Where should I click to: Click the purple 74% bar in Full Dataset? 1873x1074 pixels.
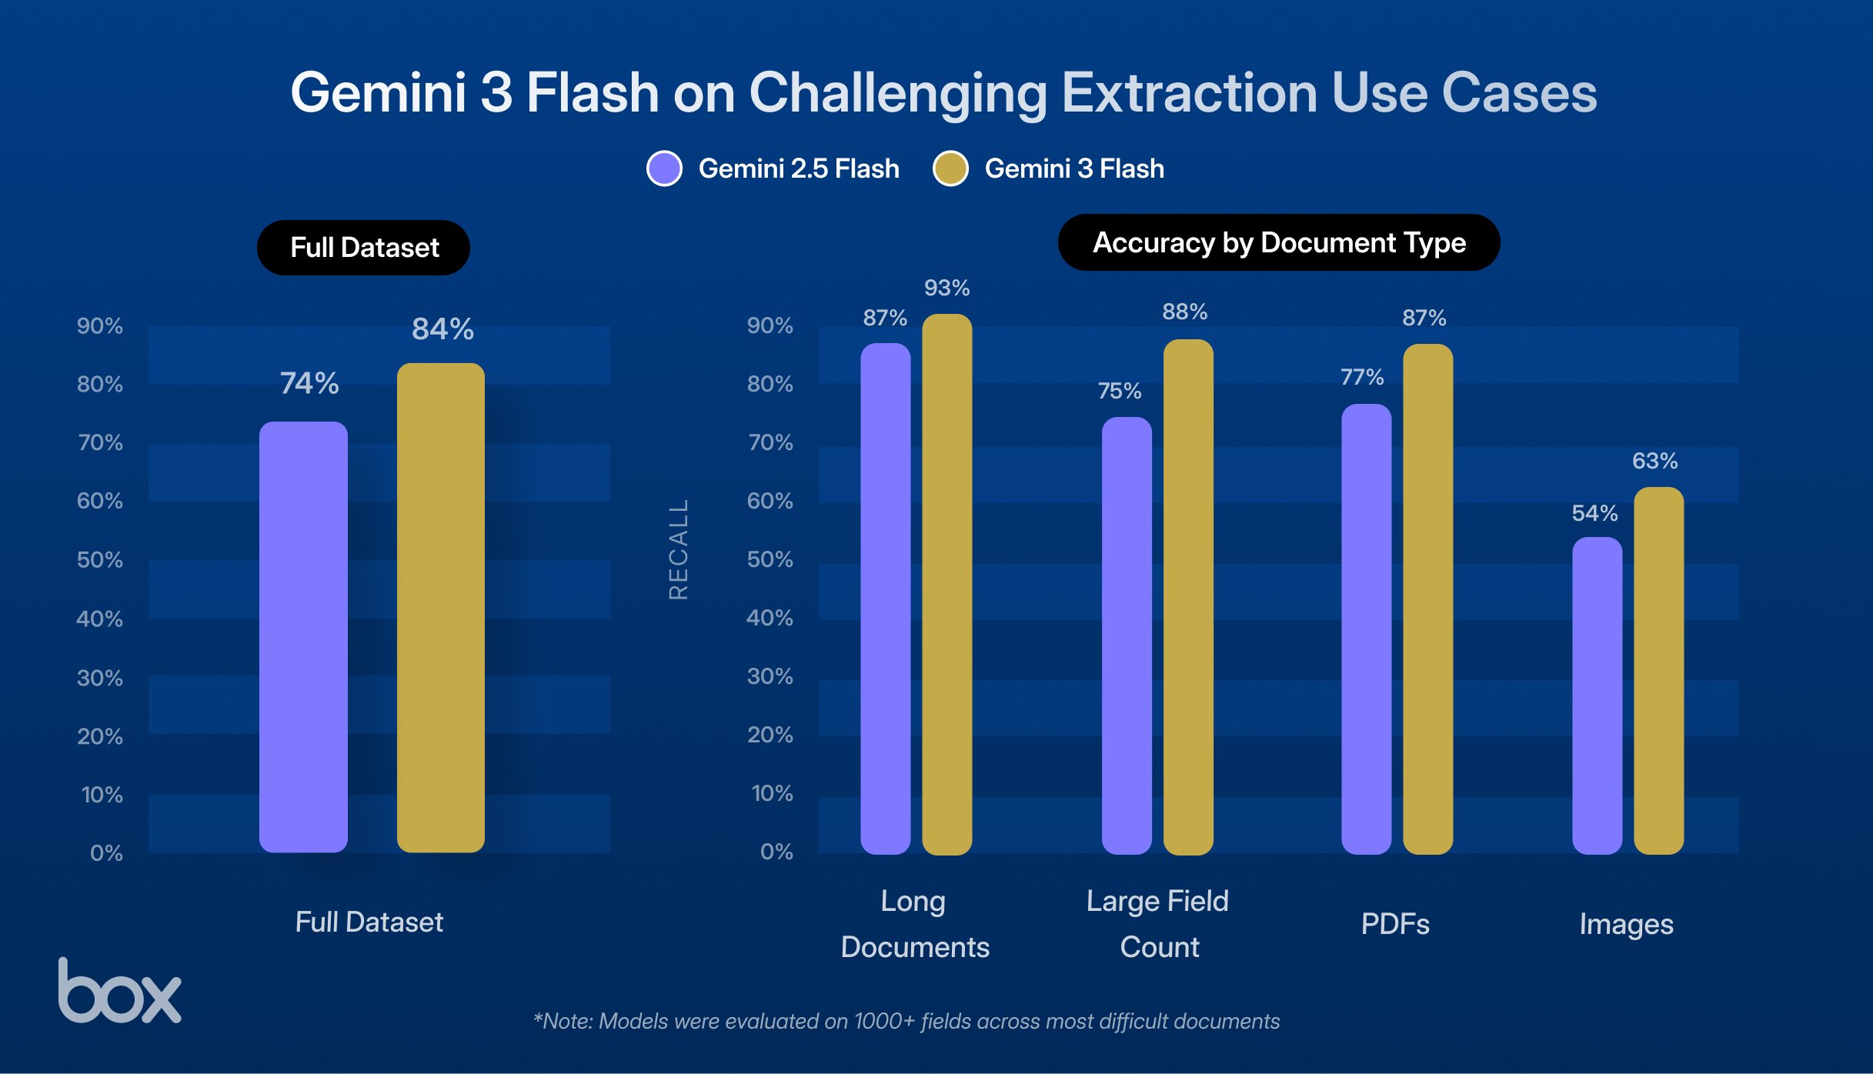pyautogui.click(x=303, y=637)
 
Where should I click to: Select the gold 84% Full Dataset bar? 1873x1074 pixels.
pyautogui.click(x=440, y=608)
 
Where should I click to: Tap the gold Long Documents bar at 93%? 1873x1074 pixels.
pyautogui.click(x=947, y=585)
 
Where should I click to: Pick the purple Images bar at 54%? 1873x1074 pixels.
pyautogui.click(x=1597, y=696)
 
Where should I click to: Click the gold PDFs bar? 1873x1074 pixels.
pyautogui.click(x=1427, y=600)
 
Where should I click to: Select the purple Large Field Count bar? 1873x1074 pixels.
pyautogui.click(x=1127, y=635)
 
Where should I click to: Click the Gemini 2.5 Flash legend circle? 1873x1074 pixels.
pyautogui.click(x=664, y=168)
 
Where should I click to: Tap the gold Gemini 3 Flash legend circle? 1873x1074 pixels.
pyautogui.click(x=950, y=168)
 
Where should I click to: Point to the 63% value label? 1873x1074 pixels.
pyautogui.click(x=1654, y=461)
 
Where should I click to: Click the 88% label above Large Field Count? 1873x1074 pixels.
pyautogui.click(x=1184, y=312)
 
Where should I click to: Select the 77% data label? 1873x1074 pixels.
pyautogui.click(x=1361, y=377)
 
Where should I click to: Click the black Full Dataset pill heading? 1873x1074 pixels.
pyautogui.click(x=363, y=248)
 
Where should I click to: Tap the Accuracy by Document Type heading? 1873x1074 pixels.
pyautogui.click(x=1278, y=242)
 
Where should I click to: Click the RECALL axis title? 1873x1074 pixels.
pyautogui.click(x=678, y=549)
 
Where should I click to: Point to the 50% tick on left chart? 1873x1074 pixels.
pyautogui.click(x=99, y=559)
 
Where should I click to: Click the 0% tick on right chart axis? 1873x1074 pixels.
pyautogui.click(x=776, y=852)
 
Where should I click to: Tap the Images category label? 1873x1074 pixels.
pyautogui.click(x=1626, y=924)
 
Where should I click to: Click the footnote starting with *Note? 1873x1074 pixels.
pyautogui.click(x=906, y=1021)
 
